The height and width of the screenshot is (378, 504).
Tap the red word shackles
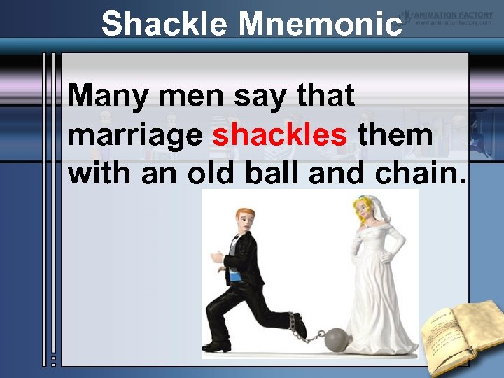pos(279,134)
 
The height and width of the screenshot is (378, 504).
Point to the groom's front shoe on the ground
pos(216,346)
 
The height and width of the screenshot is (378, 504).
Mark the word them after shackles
pos(395,134)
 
